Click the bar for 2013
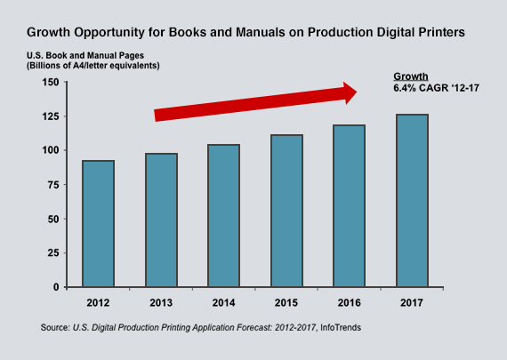[x=162, y=220]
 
